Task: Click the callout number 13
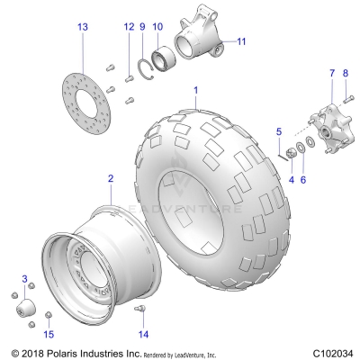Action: pyautogui.click(x=84, y=28)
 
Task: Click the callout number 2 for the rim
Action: pyautogui.click(x=111, y=179)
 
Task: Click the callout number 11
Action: pyautogui.click(x=240, y=41)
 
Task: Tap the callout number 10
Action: pyautogui.click(x=157, y=28)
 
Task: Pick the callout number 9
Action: pyautogui.click(x=142, y=28)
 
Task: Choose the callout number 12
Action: pyautogui.click(x=127, y=28)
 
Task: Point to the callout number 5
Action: pyautogui.click(x=279, y=131)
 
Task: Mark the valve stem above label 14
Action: pyautogui.click(x=140, y=310)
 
